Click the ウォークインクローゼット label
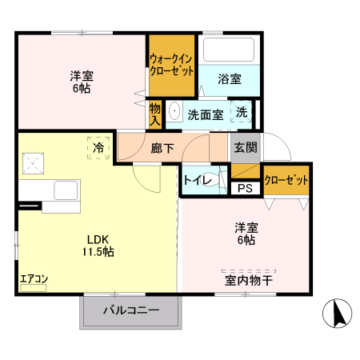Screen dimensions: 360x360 172,64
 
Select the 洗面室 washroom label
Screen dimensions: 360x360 206,114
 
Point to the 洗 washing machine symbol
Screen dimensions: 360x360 242,113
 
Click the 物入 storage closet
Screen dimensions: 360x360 155,114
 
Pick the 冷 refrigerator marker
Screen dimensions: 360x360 98,147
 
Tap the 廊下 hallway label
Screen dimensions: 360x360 162,148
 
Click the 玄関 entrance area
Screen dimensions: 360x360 246,147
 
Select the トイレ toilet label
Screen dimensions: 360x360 196,180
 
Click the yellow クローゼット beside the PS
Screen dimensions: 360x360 286,180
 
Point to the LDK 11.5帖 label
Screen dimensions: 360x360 97,244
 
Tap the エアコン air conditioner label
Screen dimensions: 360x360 34,279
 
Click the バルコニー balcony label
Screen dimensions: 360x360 131,310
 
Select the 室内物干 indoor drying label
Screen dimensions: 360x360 249,280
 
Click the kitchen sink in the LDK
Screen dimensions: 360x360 65,191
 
